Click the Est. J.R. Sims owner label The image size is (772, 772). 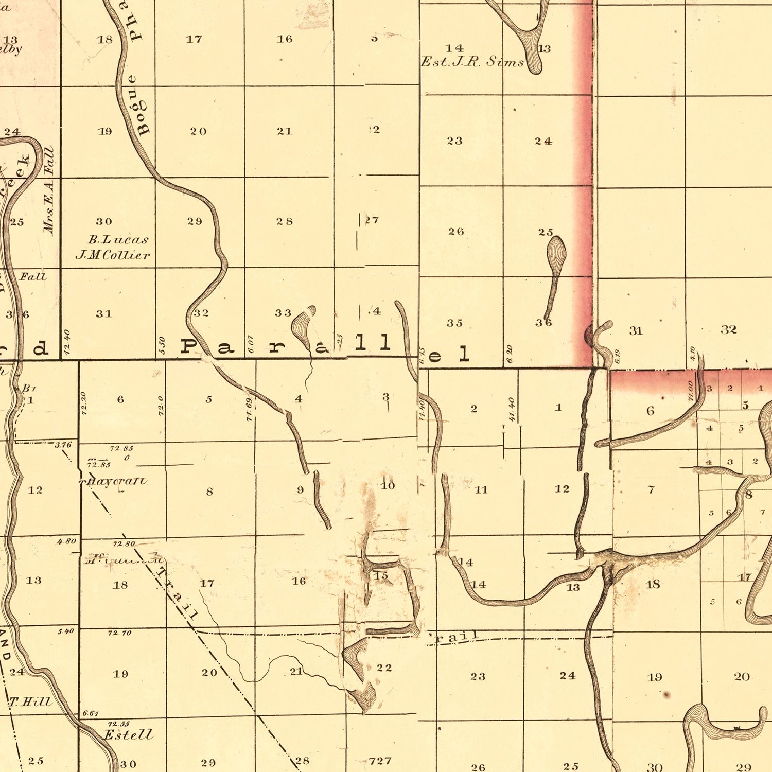tap(472, 62)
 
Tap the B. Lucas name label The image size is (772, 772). tap(118, 239)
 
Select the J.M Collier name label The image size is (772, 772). tap(113, 255)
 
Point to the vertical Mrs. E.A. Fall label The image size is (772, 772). tap(49, 191)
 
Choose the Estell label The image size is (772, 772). tap(129, 734)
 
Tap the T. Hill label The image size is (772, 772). tap(31, 701)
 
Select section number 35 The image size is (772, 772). tap(454, 323)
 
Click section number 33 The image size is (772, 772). tap(283, 312)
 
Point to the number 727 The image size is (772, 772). tap(380, 760)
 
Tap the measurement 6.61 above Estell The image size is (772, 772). tap(90, 713)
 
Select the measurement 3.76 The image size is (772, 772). tap(63, 445)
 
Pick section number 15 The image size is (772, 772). tap(381, 576)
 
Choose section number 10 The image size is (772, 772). tap(388, 485)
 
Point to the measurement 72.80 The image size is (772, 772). tap(124, 543)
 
